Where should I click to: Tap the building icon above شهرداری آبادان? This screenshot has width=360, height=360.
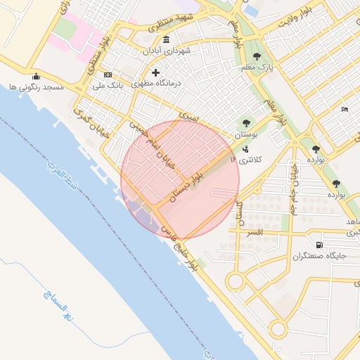click(165, 39)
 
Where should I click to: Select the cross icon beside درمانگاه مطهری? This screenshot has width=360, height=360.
click(155, 72)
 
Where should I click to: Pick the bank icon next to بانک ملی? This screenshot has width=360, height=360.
click(108, 75)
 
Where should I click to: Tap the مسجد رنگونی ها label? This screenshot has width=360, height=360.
click(36, 87)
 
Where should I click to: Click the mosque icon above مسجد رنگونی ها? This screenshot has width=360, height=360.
click(36, 76)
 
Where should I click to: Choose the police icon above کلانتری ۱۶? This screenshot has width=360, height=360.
click(245, 148)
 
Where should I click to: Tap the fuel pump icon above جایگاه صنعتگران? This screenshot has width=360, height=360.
click(320, 245)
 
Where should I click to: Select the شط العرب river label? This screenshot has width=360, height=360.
click(62, 181)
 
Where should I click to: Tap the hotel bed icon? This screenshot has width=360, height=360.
click(344, 109)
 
